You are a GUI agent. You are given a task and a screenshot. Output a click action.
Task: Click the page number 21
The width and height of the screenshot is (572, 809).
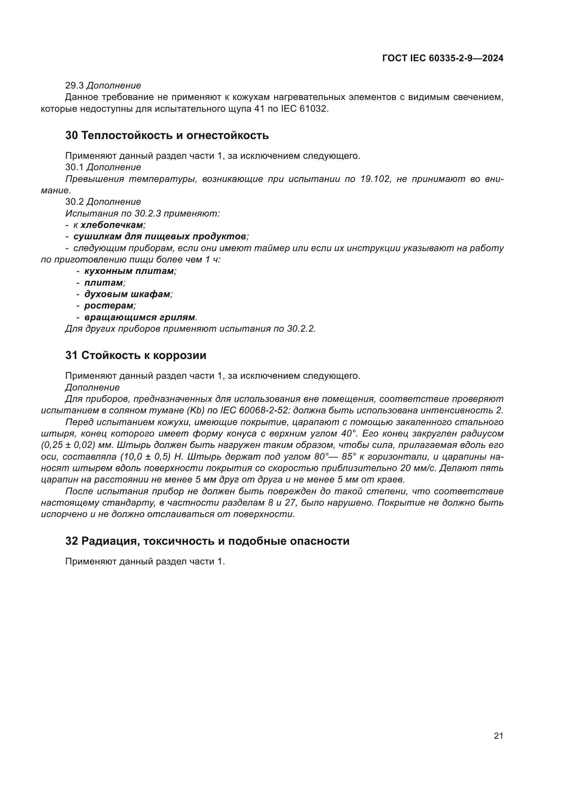tap(498, 736)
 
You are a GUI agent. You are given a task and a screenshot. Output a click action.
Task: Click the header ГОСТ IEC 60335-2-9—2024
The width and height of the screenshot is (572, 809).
tap(443, 58)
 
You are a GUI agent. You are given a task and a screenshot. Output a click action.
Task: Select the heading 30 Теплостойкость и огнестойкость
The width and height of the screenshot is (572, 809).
tap(167, 135)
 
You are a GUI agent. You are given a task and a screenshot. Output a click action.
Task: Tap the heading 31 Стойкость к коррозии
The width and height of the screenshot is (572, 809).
tap(136, 355)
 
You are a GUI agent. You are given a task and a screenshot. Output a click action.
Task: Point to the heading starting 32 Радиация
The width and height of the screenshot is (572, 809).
tap(207, 541)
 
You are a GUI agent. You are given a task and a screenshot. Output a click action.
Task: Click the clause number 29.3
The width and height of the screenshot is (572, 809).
tap(74, 86)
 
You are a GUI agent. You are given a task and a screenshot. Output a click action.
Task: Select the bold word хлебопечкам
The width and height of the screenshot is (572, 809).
tap(112, 225)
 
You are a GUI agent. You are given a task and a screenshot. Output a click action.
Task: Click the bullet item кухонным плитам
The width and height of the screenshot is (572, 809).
tap(129, 271)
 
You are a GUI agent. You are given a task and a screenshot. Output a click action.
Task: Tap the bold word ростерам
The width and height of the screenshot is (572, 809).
tap(109, 305)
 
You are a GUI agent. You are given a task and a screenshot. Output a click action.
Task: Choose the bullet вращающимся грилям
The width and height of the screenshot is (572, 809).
tap(140, 317)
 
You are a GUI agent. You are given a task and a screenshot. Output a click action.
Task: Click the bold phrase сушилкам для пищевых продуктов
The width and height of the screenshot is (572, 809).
tap(159, 237)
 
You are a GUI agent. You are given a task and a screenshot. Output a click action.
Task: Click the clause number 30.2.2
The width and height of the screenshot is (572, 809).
tap(301, 329)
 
